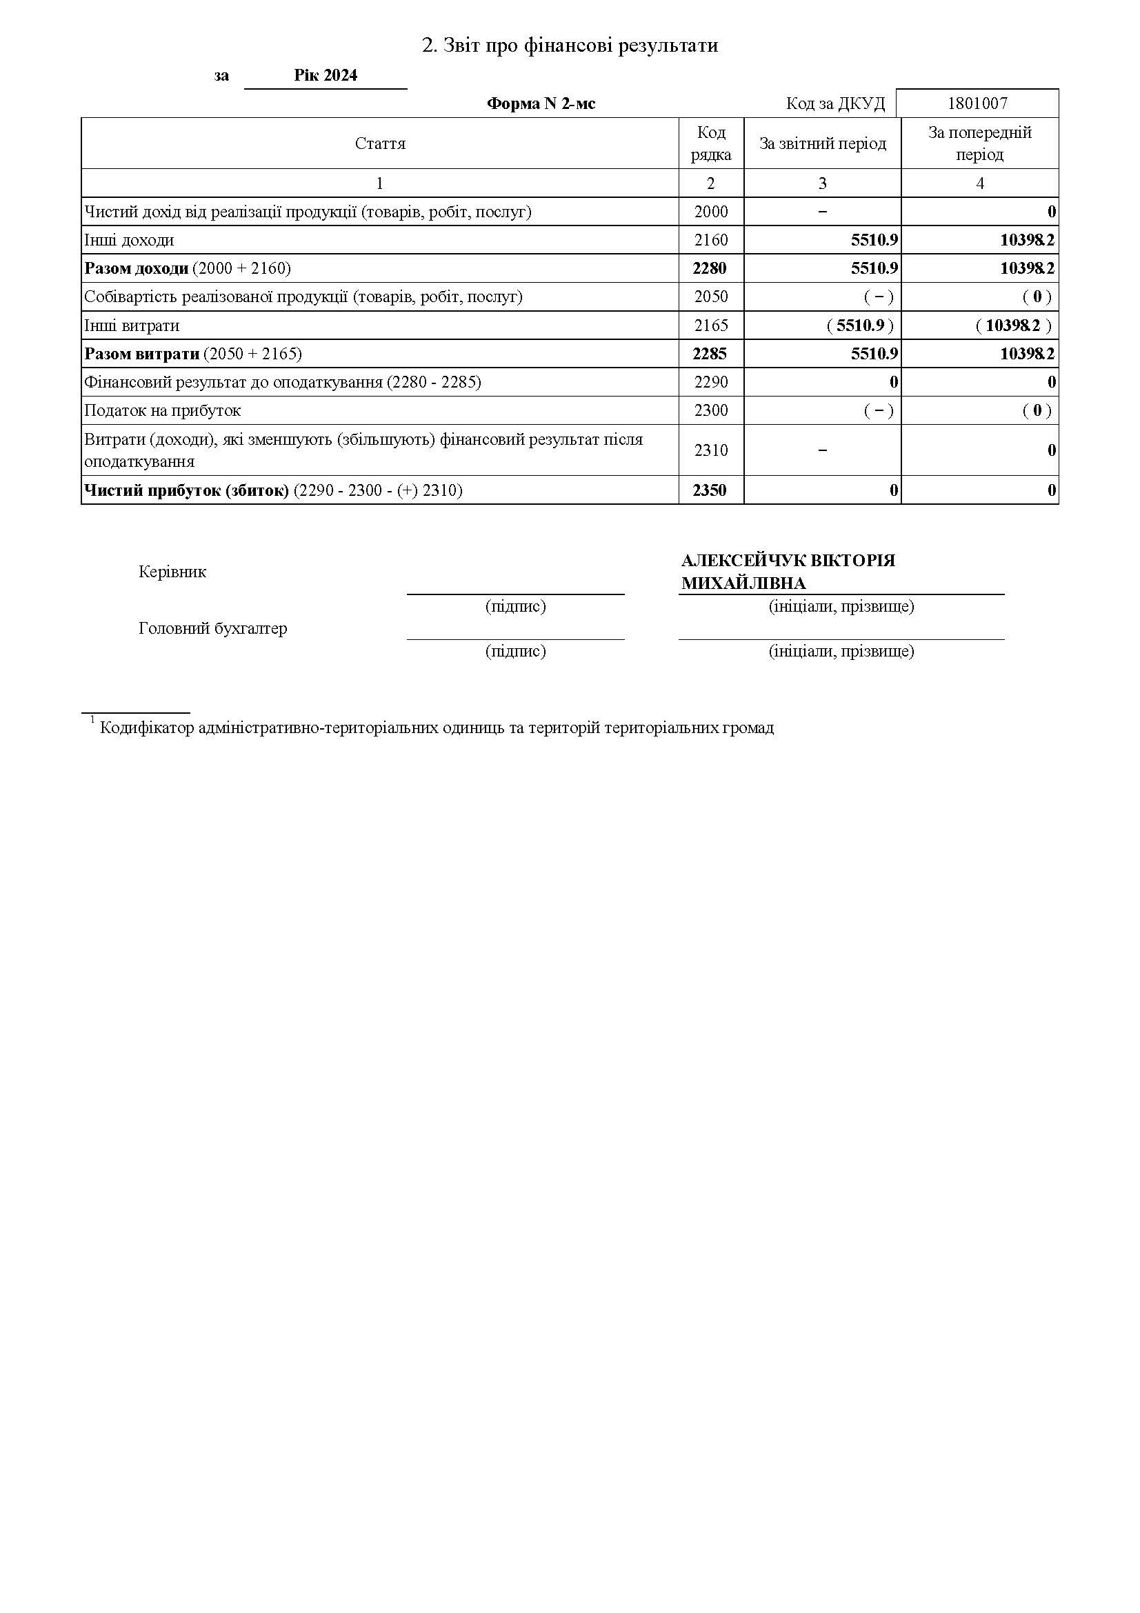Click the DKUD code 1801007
(977, 103)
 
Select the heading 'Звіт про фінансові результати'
(570, 46)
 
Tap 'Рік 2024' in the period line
(326, 75)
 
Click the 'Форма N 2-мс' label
(541, 104)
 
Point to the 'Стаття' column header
(380, 143)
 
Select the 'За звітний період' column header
(823, 143)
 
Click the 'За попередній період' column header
(980, 143)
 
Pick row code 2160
(711, 240)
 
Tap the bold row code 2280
(710, 268)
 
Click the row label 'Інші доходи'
(129, 240)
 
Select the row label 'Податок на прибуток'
(162, 410)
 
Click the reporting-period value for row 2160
(874, 240)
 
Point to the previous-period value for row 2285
(1027, 353)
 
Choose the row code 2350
(710, 490)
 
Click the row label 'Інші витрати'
(132, 325)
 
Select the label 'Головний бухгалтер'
(213, 628)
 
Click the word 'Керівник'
(173, 572)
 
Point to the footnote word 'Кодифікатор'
(147, 728)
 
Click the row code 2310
(711, 450)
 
